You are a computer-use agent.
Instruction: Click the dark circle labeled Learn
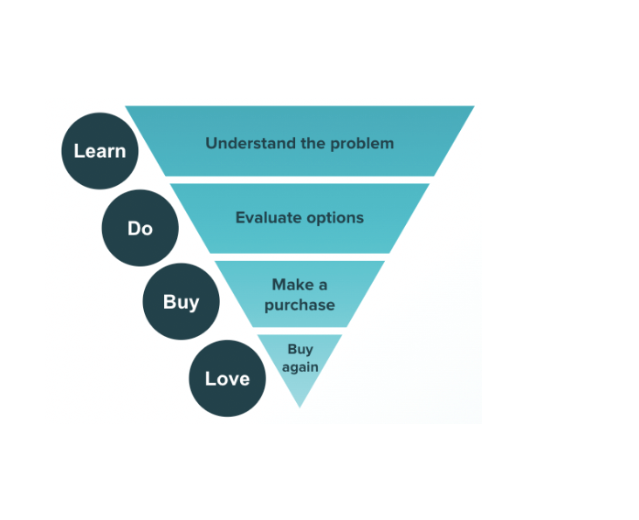100,151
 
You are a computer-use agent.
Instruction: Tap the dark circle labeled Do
140,229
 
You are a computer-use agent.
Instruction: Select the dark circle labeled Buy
181,302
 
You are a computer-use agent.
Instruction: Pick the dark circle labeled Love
227,378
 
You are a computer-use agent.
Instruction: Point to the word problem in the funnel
362,143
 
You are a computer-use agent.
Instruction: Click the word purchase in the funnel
299,305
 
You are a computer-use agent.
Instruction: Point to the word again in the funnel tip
299,367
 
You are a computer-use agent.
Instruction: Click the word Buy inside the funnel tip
299,350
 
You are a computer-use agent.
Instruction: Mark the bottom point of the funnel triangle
299,407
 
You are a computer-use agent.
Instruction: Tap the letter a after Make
323,285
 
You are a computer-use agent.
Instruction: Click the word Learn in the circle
100,151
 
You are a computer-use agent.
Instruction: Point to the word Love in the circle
227,379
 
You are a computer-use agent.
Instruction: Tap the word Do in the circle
140,229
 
